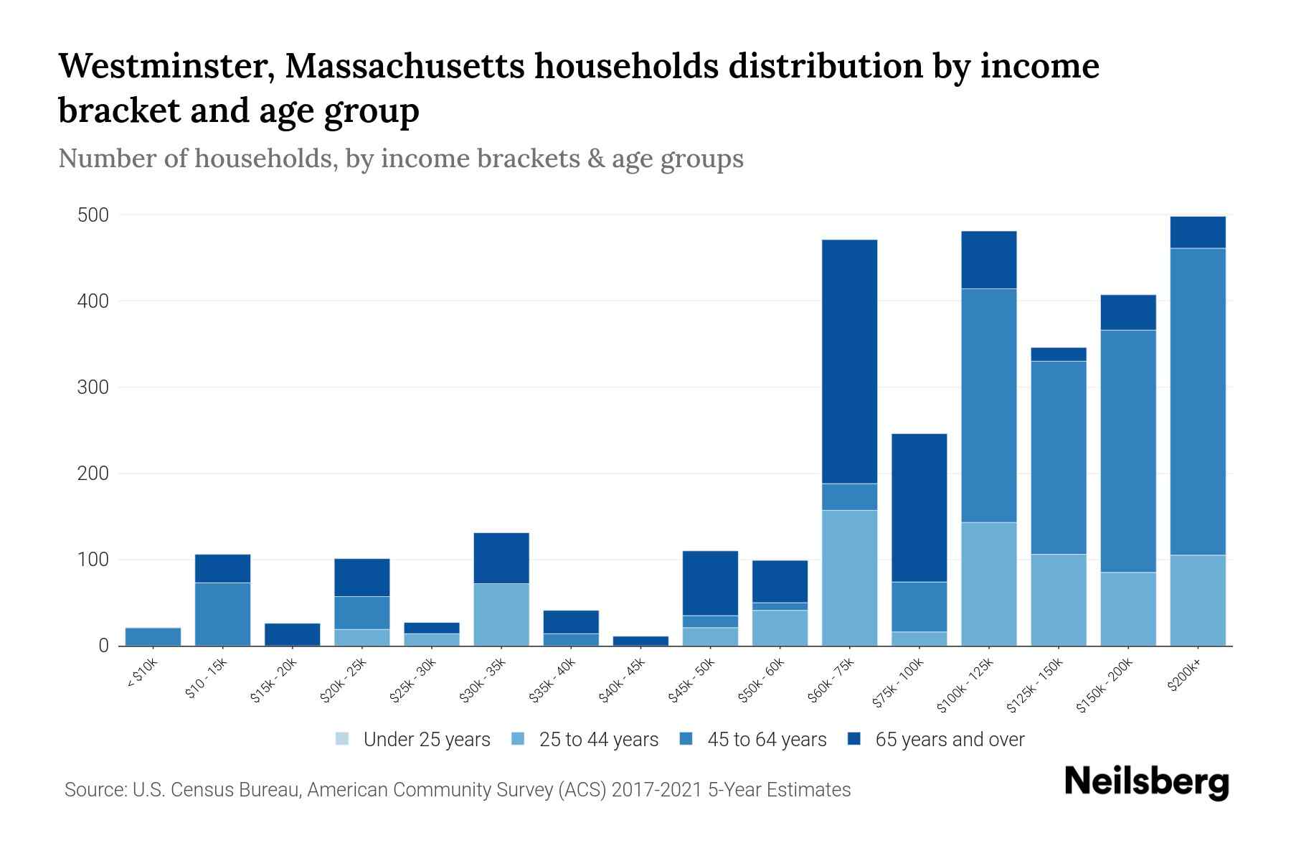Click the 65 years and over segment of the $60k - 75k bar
849,361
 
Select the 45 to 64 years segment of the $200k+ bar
1197,401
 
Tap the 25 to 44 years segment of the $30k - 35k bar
501,614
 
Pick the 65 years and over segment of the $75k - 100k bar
919,507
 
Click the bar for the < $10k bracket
153,636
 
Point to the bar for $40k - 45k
640,641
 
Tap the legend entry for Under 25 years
413,739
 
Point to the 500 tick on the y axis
93,215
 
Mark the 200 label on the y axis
93,474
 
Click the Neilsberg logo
1146,782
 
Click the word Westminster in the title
164,66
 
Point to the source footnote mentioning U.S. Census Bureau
458,790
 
